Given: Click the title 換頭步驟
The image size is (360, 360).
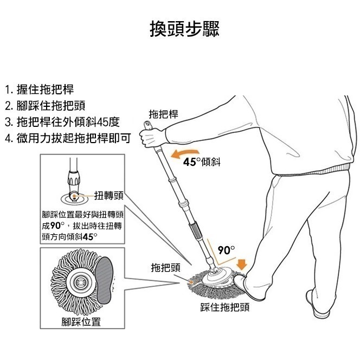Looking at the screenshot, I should click(x=184, y=29).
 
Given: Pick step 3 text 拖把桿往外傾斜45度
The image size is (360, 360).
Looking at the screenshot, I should click(x=61, y=121).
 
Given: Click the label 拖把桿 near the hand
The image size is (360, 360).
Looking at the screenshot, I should click(x=163, y=114).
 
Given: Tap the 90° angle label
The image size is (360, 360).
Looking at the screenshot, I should click(x=226, y=250).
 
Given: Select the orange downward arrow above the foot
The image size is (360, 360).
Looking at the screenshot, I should click(x=242, y=264).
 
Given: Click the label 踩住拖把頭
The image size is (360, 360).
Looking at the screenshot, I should click(x=224, y=307).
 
